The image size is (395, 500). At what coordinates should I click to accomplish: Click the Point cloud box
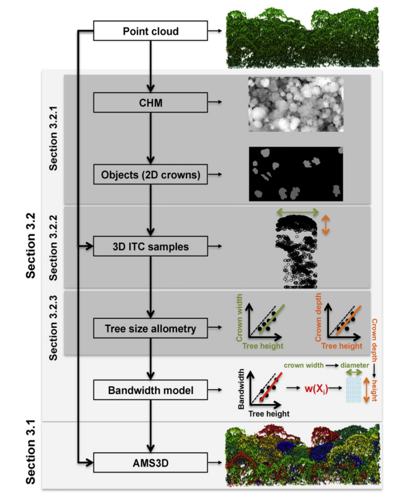pyautogui.click(x=151, y=31)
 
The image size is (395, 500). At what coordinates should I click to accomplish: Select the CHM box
pyautogui.click(x=151, y=103)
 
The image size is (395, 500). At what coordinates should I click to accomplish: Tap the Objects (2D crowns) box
pyautogui.click(x=151, y=175)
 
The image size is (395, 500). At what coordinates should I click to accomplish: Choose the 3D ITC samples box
pyautogui.click(x=151, y=246)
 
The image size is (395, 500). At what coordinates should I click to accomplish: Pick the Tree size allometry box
pyautogui.click(x=151, y=328)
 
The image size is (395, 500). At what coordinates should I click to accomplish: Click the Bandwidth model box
pyautogui.click(x=151, y=390)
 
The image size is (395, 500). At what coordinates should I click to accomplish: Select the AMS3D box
pyautogui.click(x=151, y=462)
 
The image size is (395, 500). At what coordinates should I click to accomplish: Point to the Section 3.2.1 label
pyautogui.click(x=53, y=138)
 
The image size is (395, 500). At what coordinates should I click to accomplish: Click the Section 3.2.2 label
pyautogui.click(x=53, y=248)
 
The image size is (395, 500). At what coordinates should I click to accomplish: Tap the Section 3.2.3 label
pyautogui.click(x=53, y=328)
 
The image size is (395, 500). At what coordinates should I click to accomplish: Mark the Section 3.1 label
pyautogui.click(x=30, y=452)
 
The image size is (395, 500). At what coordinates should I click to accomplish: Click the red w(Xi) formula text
pyautogui.click(x=316, y=389)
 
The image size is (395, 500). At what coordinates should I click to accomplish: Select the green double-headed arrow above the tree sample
pyautogui.click(x=297, y=212)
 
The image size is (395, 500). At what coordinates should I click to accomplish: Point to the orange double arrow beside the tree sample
pyautogui.click(x=325, y=225)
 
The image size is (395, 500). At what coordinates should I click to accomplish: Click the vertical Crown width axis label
pyautogui.click(x=239, y=318)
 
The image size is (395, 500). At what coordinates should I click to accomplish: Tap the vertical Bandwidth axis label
pyautogui.click(x=241, y=389)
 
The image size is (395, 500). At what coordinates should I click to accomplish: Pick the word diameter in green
pyautogui.click(x=354, y=365)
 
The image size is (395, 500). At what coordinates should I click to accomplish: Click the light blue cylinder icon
pyautogui.click(x=353, y=390)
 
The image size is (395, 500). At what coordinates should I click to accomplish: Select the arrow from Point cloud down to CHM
pyautogui.click(x=151, y=67)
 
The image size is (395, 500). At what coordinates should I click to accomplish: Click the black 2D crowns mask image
pyautogui.click(x=296, y=174)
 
